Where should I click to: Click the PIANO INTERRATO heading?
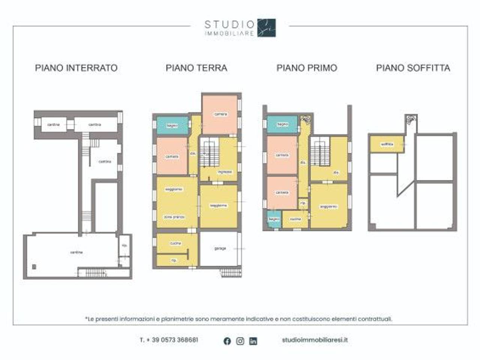click(76, 68)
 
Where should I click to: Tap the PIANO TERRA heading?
click(196, 68)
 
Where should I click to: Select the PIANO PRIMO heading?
click(307, 68)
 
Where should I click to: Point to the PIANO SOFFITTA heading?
click(413, 68)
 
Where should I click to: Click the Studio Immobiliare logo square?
click(266, 28)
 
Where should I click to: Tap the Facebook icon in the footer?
click(227, 341)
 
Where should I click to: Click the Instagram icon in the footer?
click(240, 341)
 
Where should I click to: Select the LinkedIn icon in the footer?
click(253, 341)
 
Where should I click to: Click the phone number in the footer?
click(169, 340)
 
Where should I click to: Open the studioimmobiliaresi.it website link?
click(315, 340)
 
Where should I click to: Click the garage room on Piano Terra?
click(220, 248)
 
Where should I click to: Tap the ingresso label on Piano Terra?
click(225, 172)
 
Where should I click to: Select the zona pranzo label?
click(174, 217)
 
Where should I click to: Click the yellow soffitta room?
click(387, 144)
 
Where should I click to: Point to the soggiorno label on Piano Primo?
click(328, 207)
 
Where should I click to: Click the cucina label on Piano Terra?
click(175, 243)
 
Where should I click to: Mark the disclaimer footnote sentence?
click(239, 319)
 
